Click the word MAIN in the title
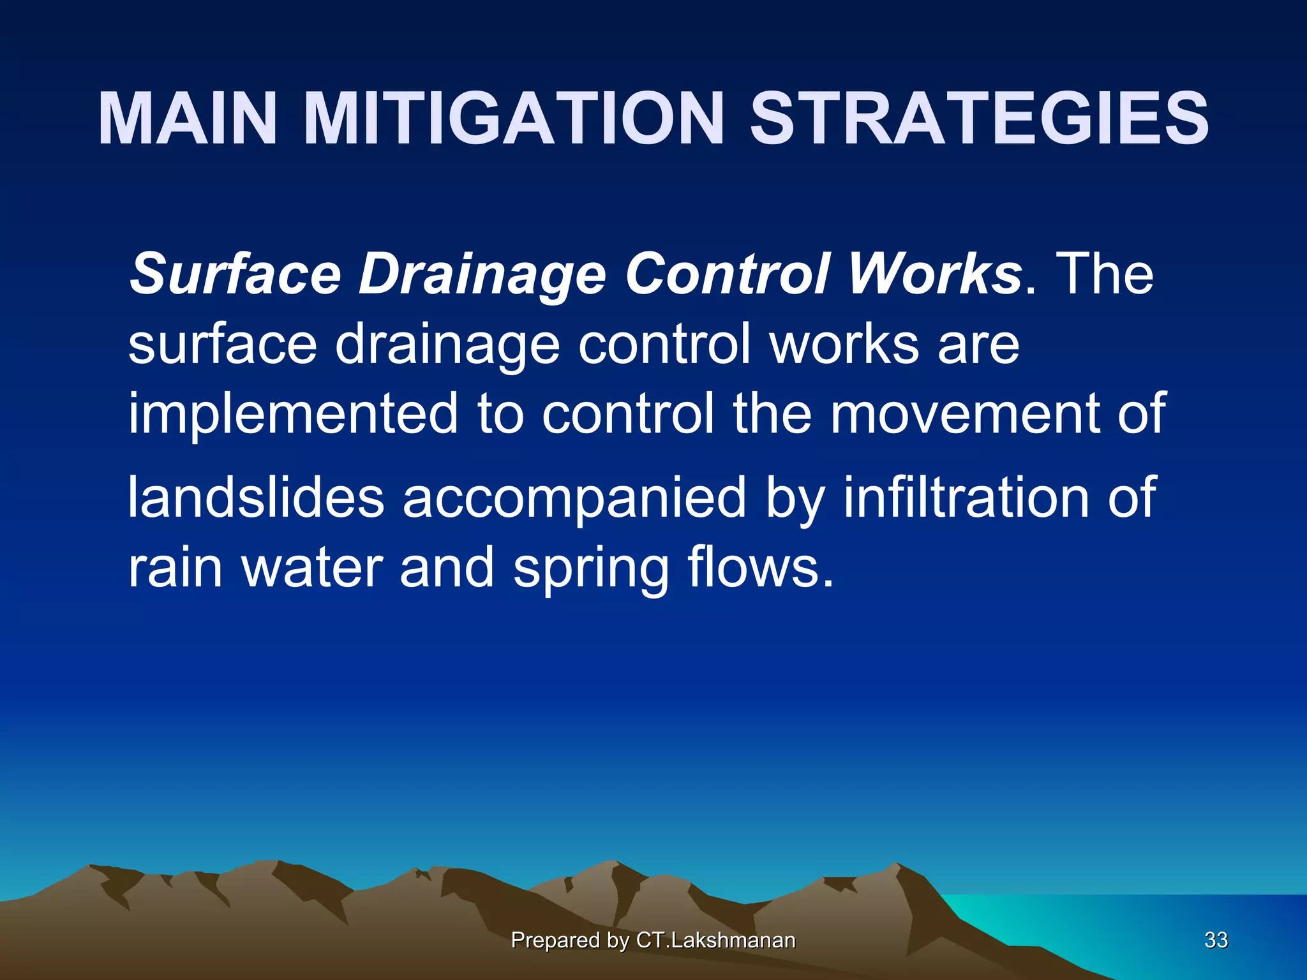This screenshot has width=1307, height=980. (188, 119)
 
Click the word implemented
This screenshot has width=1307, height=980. (294, 415)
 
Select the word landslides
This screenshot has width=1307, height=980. (256, 497)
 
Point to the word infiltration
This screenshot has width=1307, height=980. (966, 497)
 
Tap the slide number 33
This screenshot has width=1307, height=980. (1216, 940)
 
